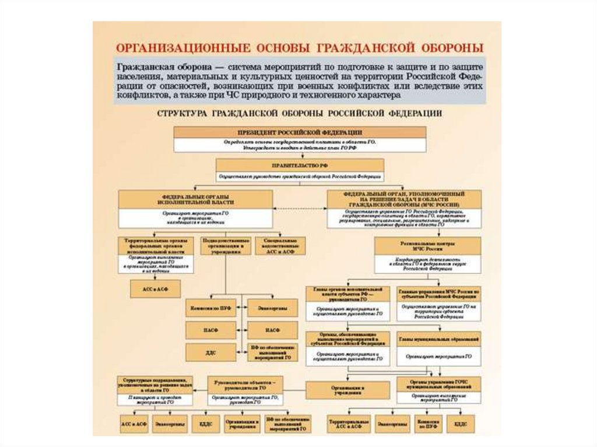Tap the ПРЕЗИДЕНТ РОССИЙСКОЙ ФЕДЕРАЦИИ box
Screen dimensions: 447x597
(x=300, y=132)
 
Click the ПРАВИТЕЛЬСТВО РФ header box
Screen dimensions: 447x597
(x=300, y=164)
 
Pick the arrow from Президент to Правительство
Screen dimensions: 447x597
(x=300, y=155)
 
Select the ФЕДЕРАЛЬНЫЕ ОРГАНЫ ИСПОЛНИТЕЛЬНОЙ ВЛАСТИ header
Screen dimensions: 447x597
(x=195, y=199)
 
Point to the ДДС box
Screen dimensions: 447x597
(x=211, y=352)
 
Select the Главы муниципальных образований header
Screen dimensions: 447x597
(x=439, y=338)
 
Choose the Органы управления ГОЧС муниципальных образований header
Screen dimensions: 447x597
(x=439, y=383)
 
